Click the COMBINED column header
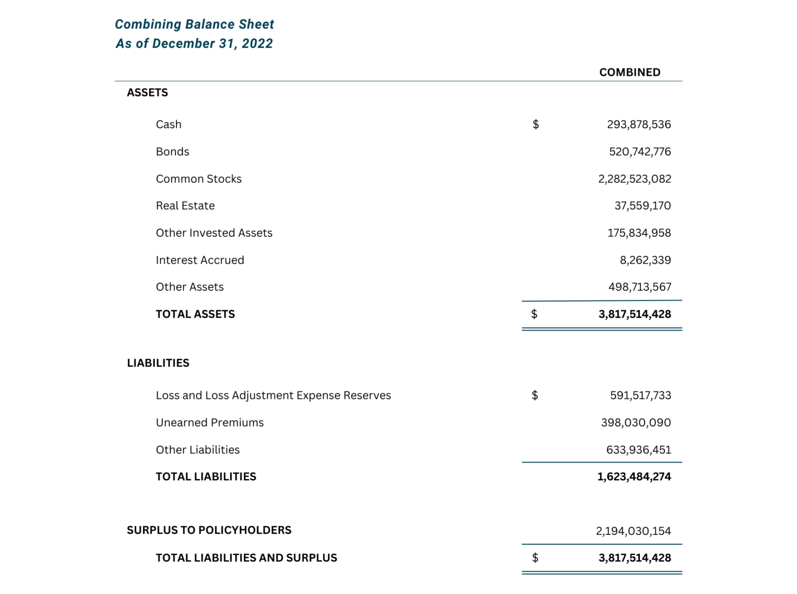[629, 72]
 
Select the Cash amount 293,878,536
[639, 125]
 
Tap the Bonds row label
[172, 152]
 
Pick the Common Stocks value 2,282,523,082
[634, 179]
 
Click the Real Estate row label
[185, 206]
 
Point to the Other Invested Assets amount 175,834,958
[639, 233]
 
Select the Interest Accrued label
[200, 260]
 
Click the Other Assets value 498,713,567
[639, 287]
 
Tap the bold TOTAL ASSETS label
[195, 314]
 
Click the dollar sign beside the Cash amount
[535, 125]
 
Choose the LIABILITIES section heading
[158, 363]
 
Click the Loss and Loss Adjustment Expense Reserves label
[273, 396]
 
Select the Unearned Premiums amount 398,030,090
[636, 423]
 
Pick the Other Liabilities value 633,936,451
[638, 450]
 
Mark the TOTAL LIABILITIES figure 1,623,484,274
[634, 477]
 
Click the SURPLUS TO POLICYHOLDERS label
[209, 530]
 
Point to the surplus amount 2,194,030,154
[633, 531]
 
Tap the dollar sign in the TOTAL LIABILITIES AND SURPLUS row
[535, 558]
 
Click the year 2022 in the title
[257, 44]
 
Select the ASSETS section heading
[147, 92]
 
